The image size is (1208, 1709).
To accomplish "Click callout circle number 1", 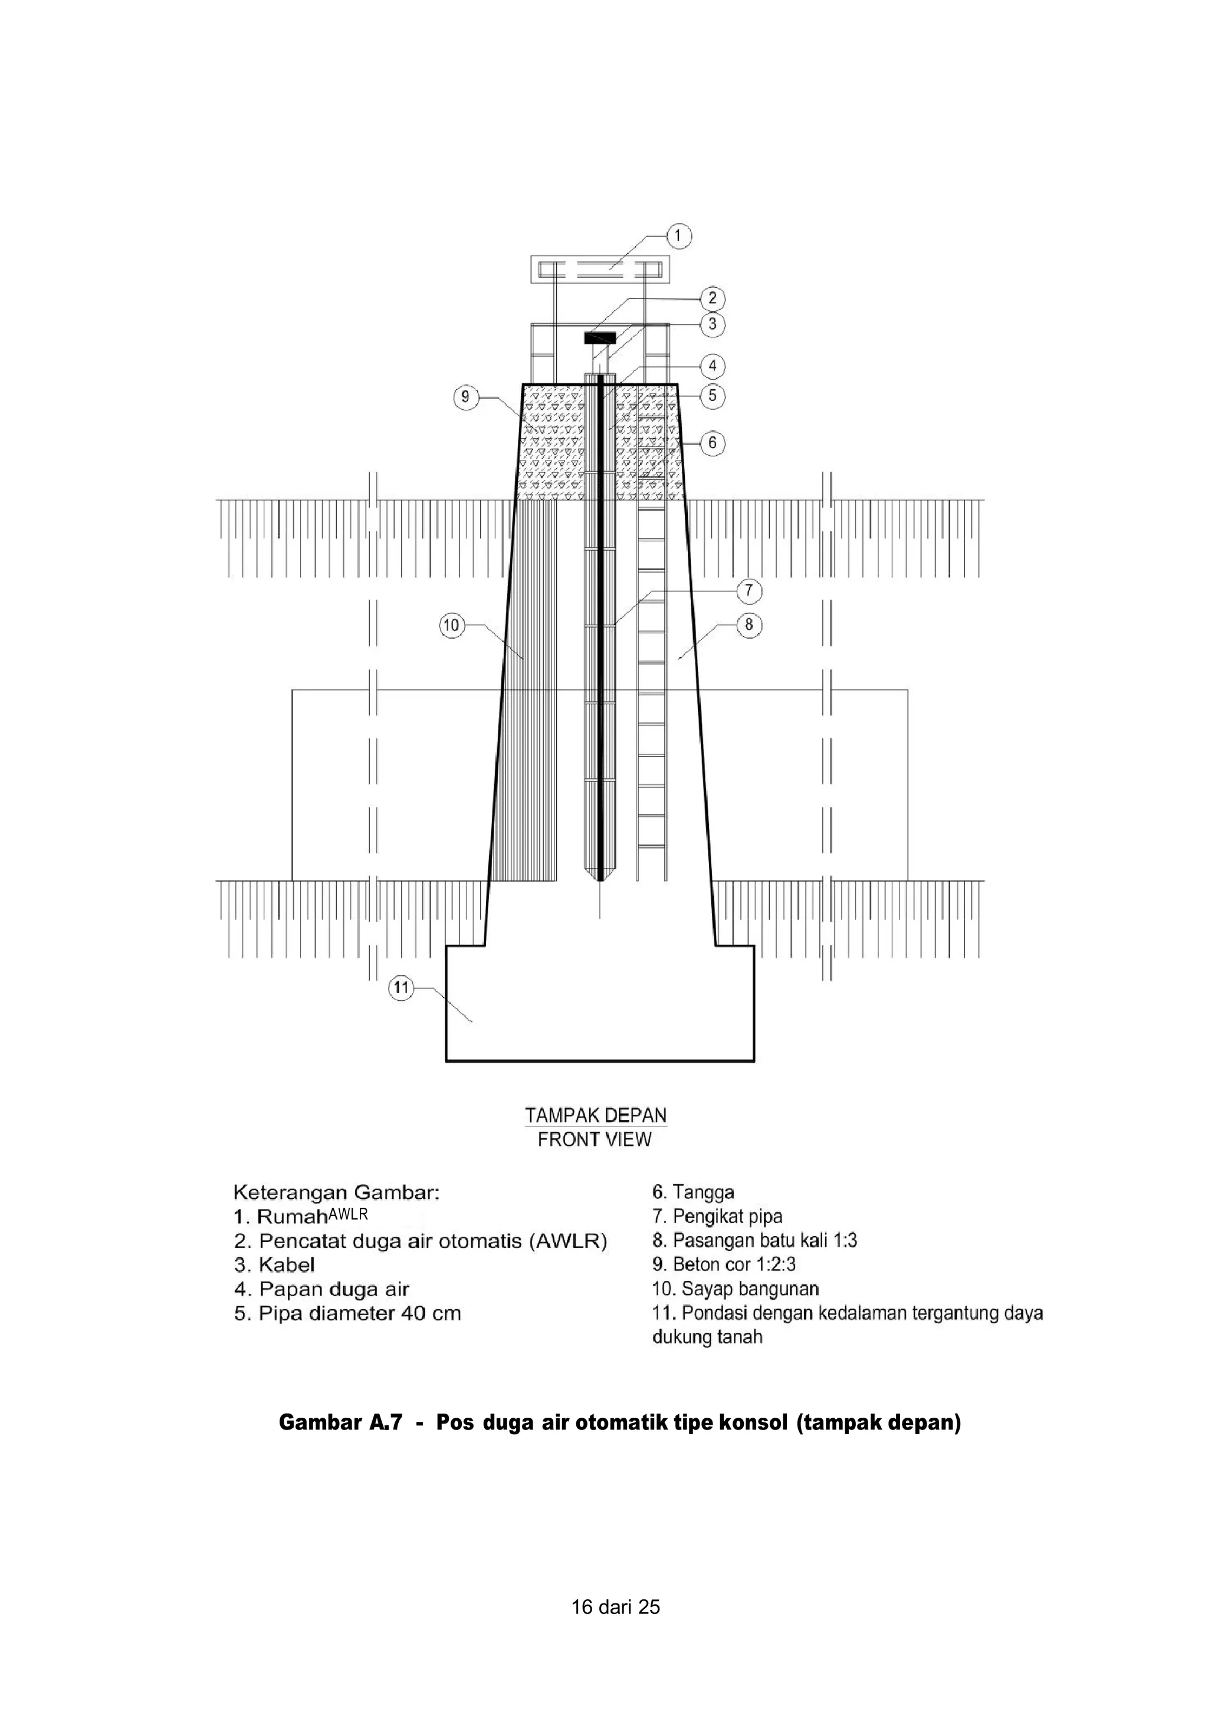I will pyautogui.click(x=678, y=236).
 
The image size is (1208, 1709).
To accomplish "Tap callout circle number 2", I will pyautogui.click(x=713, y=298).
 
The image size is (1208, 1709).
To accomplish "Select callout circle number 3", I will pyautogui.click(x=713, y=324).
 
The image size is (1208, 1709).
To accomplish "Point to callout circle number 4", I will pyautogui.click(x=713, y=366).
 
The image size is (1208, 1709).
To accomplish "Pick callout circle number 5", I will pyautogui.click(x=713, y=395).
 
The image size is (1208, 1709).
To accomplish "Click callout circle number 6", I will pyautogui.click(x=713, y=443).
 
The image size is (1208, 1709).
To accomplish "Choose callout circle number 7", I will pyautogui.click(x=749, y=591).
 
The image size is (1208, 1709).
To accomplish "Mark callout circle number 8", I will pyautogui.click(x=749, y=625).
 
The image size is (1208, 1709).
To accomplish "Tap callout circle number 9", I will pyautogui.click(x=465, y=397).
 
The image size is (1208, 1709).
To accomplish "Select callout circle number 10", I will pyautogui.click(x=452, y=625).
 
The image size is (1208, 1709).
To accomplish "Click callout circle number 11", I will pyautogui.click(x=401, y=988).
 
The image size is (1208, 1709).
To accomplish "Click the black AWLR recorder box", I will pyautogui.click(x=600, y=337).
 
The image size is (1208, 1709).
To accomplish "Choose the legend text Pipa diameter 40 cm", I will pyautogui.click(x=347, y=1314).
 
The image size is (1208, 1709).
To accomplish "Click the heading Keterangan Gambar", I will pyautogui.click(x=336, y=1193).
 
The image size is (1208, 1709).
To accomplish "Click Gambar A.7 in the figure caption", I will pyautogui.click(x=340, y=1422).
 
